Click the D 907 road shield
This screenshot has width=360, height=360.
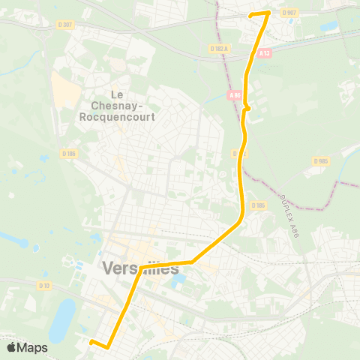[x=289, y=12]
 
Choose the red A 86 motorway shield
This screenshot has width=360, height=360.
[x=235, y=95]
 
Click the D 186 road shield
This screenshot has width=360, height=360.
[x=69, y=154]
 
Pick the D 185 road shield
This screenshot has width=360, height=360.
[x=259, y=205]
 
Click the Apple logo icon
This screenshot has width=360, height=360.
[x=13, y=347]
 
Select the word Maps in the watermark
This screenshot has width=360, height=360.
[x=33, y=347]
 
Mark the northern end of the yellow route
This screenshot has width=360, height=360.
[x=250, y=14]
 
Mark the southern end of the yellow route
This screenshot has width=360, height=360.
[x=91, y=342]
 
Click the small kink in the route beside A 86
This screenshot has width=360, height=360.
[x=247, y=108]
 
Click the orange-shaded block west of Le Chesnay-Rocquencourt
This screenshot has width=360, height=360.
[x=66, y=94]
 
